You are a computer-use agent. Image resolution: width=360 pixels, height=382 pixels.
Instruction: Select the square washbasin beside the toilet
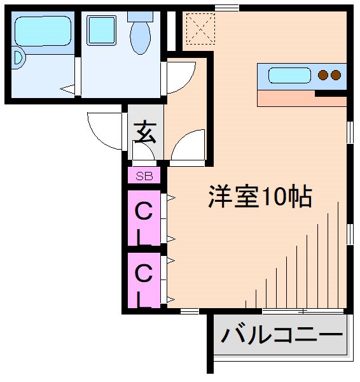(x=101, y=29)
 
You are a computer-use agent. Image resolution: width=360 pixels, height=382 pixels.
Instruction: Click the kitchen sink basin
(x=289, y=76)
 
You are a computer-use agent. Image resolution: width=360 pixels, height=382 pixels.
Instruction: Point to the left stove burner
(x=322, y=76)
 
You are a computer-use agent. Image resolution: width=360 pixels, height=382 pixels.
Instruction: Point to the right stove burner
(x=335, y=76)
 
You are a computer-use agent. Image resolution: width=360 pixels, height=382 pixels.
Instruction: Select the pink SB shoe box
(x=144, y=176)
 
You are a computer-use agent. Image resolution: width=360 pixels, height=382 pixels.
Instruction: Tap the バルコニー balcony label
(x=281, y=334)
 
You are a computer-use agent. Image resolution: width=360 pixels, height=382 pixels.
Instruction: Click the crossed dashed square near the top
(x=199, y=28)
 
